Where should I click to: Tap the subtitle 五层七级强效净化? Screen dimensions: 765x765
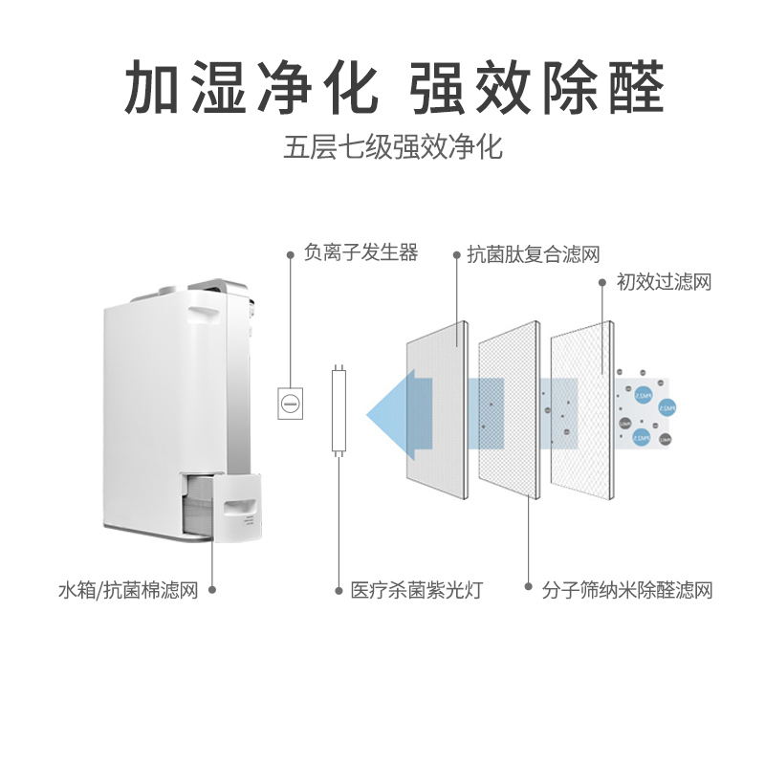(393, 148)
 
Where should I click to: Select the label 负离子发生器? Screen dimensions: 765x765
(361, 253)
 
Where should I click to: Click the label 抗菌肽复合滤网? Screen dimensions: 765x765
(533, 254)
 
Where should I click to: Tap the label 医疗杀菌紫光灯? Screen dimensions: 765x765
(416, 589)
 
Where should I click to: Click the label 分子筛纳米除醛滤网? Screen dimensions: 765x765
(627, 589)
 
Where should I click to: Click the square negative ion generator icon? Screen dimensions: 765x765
(290, 403)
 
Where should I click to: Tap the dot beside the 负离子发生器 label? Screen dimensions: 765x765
(291, 254)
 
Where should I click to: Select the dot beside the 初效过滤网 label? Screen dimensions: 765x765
(603, 282)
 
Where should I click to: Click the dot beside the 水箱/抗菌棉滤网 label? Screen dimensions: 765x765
(211, 589)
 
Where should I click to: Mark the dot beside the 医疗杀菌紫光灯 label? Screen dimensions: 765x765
(338, 589)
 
